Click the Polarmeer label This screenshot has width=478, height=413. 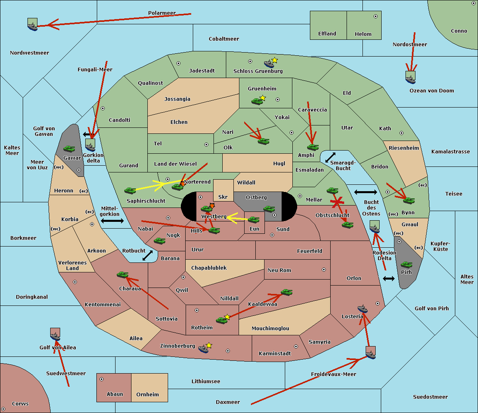pos(162,13)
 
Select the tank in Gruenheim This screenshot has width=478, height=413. pos(257,101)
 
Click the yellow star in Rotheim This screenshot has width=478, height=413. pos(227,317)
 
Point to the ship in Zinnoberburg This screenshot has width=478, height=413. pos(204,349)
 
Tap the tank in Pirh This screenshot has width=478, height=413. pos(406,264)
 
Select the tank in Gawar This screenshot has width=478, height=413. pos(69,149)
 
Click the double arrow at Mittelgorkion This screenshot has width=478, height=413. pos(112,221)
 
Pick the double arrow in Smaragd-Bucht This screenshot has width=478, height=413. pos(330,157)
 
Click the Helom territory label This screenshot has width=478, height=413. pos(363,34)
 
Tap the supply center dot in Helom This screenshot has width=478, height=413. pos(375,16)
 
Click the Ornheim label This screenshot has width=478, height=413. pos(147,394)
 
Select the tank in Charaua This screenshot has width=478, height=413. pos(122,274)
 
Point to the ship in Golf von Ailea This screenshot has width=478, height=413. pos(55,337)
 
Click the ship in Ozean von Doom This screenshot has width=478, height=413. pos(410,78)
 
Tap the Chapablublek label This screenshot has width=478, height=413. pos(209,268)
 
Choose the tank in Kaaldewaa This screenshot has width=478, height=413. pos(286,292)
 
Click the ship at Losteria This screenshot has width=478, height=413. pos(362,309)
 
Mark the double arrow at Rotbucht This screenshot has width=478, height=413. pos(147,255)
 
